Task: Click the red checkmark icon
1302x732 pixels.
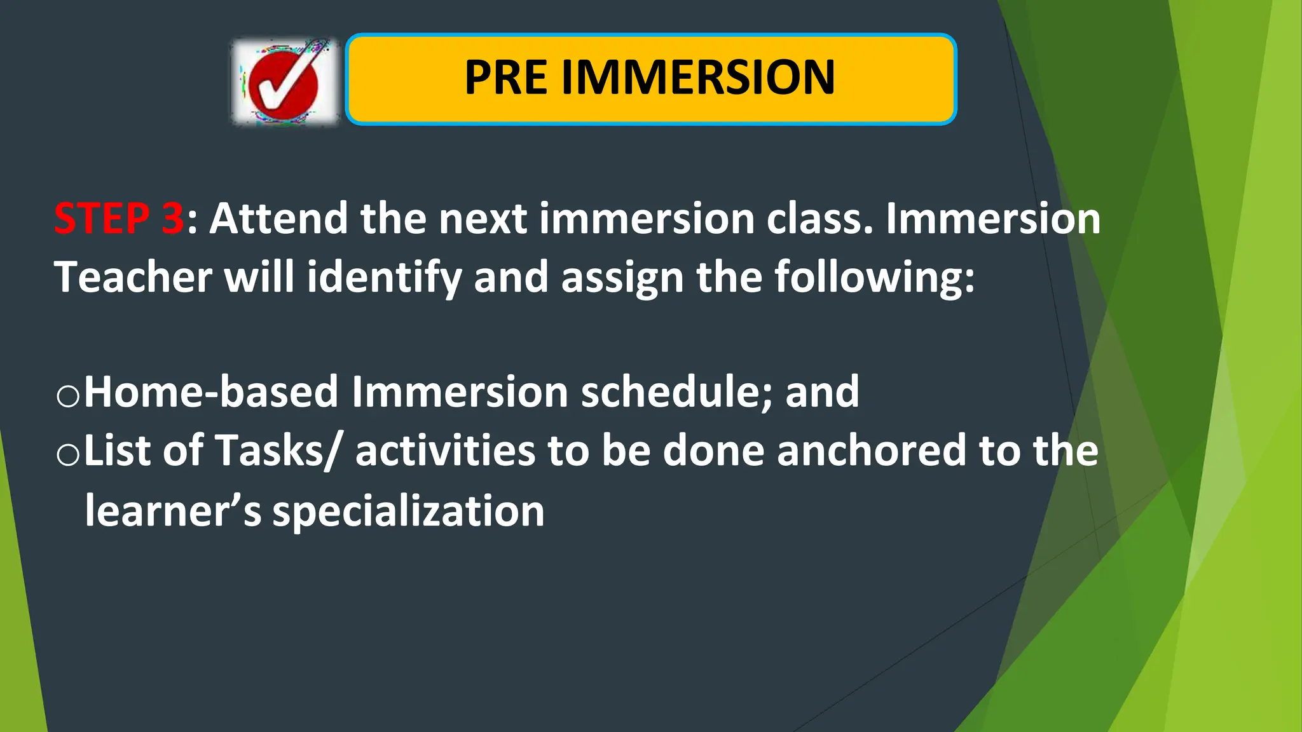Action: pyautogui.click(x=284, y=83)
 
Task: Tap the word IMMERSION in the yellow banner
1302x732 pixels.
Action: pyautogui.click(x=697, y=78)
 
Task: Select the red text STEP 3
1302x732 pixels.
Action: pyautogui.click(x=119, y=219)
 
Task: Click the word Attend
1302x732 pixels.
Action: pyautogui.click(x=278, y=219)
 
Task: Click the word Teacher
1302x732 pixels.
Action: pyautogui.click(x=132, y=277)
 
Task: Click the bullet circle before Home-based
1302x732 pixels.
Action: pyautogui.click(x=68, y=396)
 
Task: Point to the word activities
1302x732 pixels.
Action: pyautogui.click(x=444, y=451)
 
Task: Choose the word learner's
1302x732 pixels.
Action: pyautogui.click(x=172, y=510)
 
